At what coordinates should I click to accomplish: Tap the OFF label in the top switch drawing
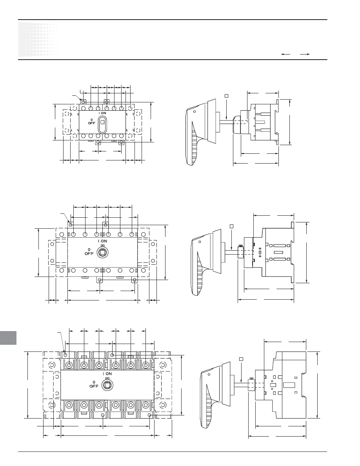click(91, 123)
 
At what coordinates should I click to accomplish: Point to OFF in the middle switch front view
click(89, 253)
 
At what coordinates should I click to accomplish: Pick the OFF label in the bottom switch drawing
click(94, 386)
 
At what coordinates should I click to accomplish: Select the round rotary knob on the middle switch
click(103, 252)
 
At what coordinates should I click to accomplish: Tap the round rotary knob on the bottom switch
click(107, 385)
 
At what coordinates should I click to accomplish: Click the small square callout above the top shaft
click(226, 96)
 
